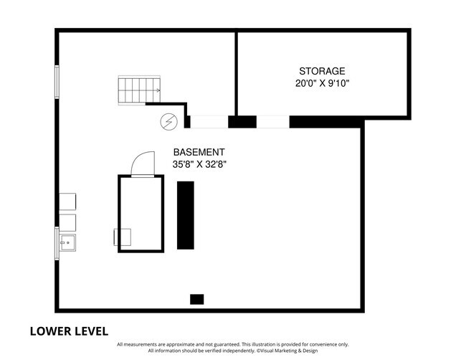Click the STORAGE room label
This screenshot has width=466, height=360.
322,71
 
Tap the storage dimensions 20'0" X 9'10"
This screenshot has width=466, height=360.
322,83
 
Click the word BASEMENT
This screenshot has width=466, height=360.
199,152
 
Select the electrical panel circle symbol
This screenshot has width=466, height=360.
168,122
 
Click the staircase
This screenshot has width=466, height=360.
139,90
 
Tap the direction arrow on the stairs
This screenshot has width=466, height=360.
157,90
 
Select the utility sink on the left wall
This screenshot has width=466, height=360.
67,242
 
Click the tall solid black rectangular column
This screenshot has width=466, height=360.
186,215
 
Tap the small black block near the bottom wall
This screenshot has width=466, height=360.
196,299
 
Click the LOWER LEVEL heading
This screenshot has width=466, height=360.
69,331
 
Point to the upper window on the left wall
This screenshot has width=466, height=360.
57,82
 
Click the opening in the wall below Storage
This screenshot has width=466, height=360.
273,122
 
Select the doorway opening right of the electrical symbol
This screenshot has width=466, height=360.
209,122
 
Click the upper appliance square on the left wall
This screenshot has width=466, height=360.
67,202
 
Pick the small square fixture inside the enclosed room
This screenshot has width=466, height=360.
122,237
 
